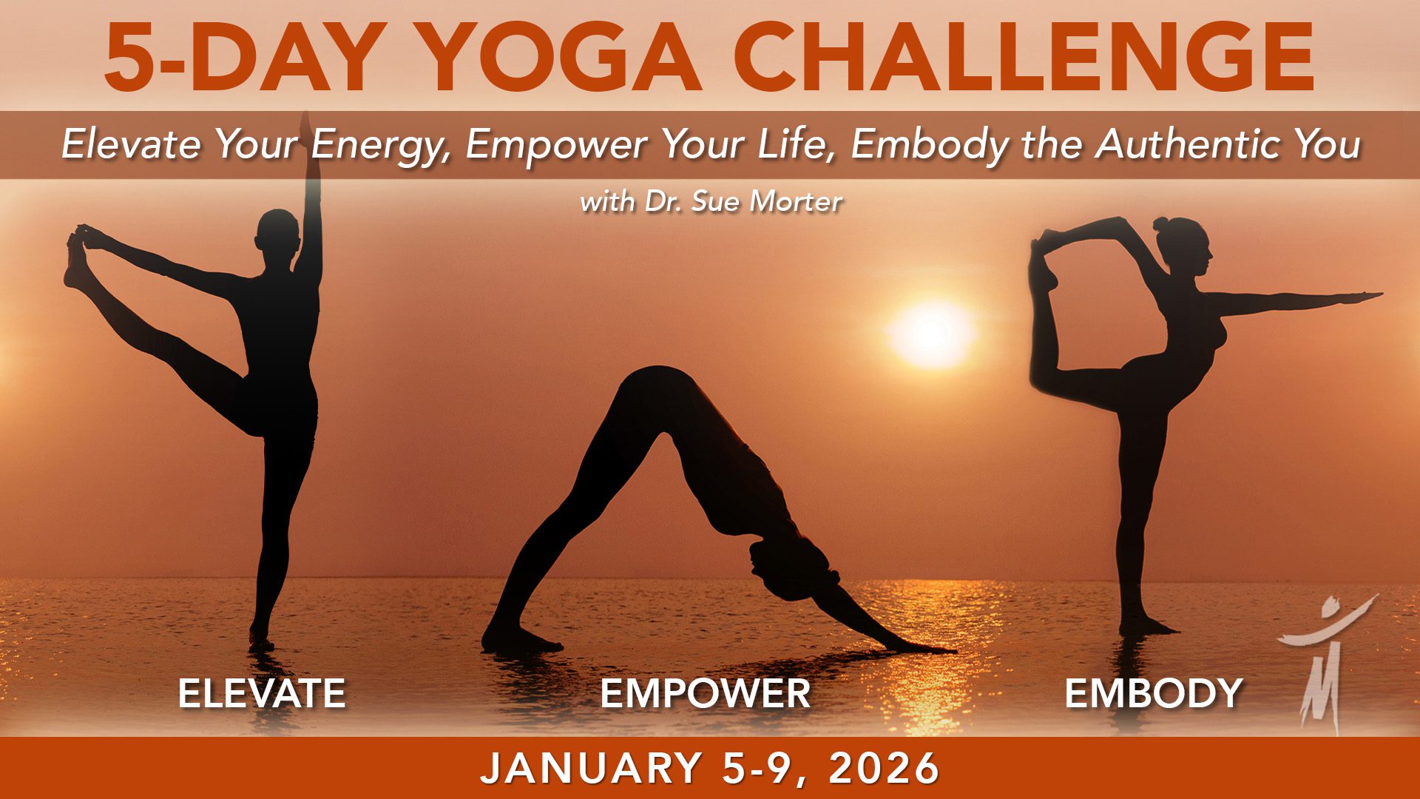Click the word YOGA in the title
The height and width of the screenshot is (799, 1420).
click(x=562, y=58)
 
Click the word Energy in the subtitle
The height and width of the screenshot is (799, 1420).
click(x=377, y=144)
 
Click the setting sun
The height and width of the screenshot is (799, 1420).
click(x=930, y=333)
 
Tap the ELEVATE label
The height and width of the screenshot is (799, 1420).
click(x=262, y=693)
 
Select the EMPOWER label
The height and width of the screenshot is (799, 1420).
click(x=706, y=693)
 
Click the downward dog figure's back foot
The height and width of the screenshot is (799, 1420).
click(x=518, y=641)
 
